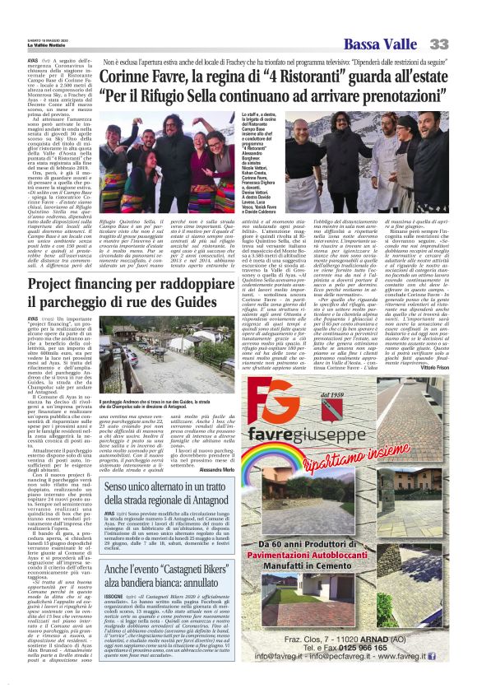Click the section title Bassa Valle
[380, 44]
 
